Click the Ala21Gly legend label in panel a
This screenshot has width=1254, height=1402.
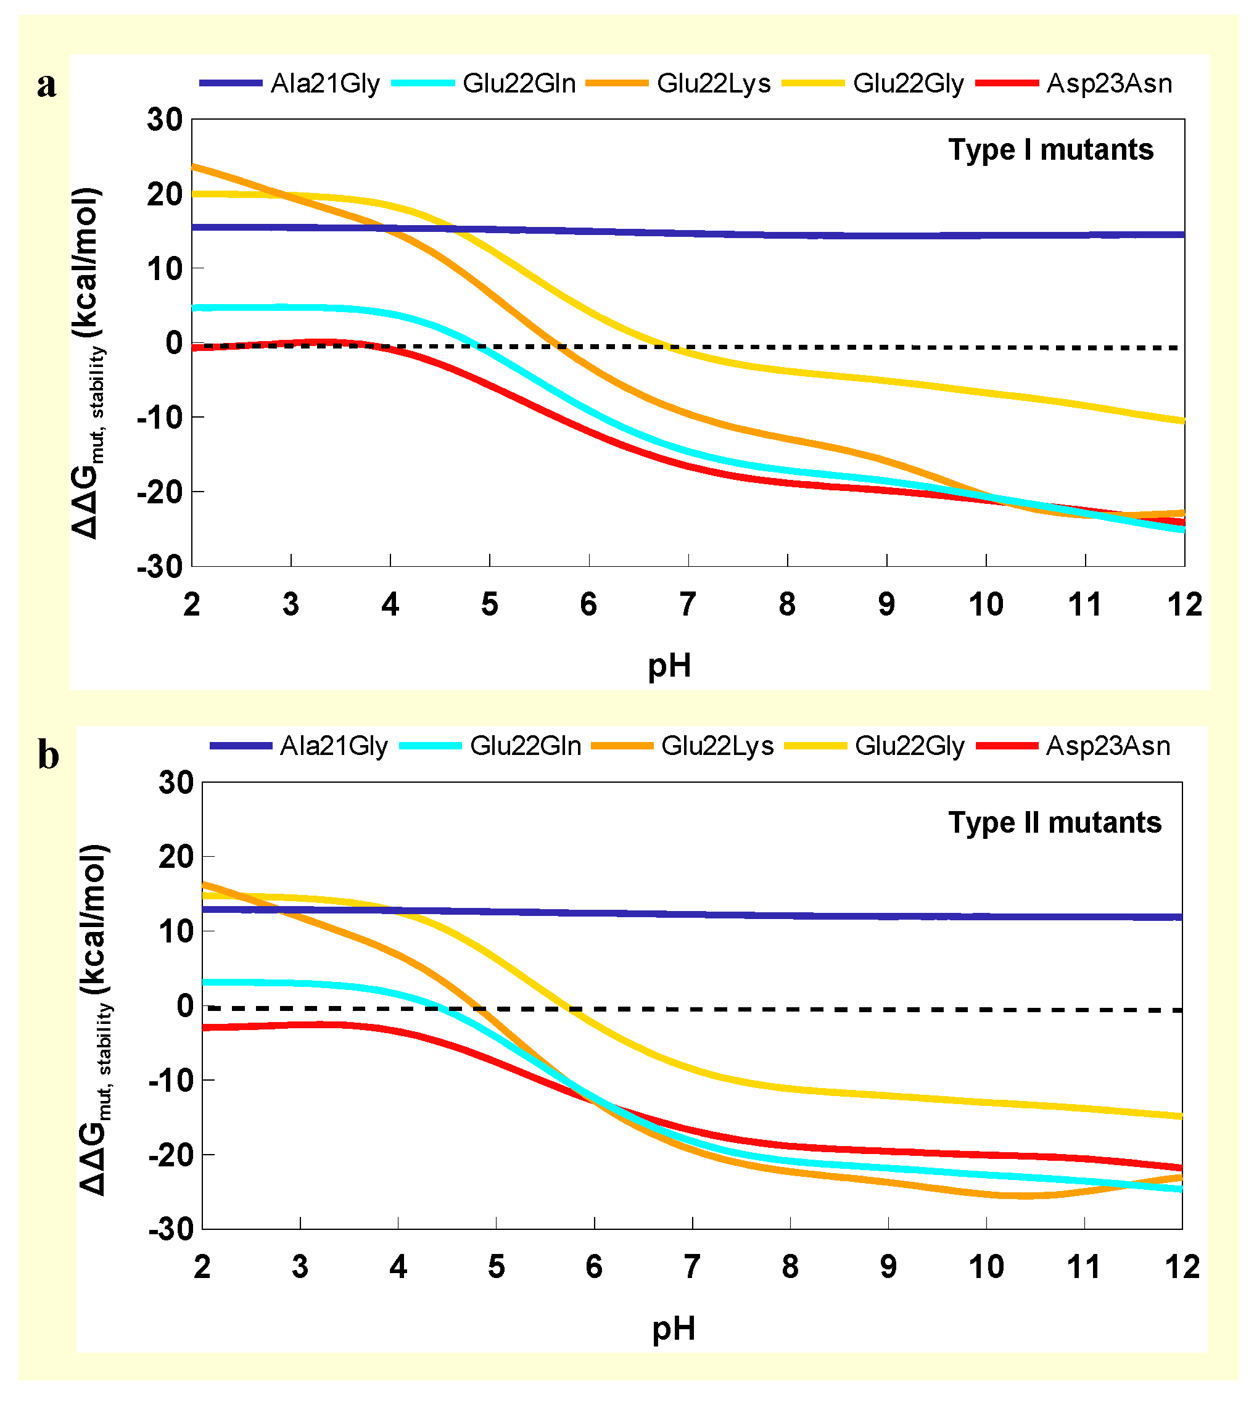tap(325, 84)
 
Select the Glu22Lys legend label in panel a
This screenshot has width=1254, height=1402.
tap(713, 84)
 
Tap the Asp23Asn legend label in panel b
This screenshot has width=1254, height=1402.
tap(1108, 746)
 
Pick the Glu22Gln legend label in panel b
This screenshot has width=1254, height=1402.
tap(525, 746)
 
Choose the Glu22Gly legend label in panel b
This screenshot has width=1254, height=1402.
tap(909, 746)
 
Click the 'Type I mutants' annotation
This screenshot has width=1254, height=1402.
tap(1050, 150)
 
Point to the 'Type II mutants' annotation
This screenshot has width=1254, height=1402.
tap(1055, 823)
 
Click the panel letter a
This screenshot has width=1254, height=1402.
tap(47, 86)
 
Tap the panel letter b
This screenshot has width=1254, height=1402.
tap(48, 755)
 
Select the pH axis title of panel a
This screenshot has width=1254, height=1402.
tap(669, 666)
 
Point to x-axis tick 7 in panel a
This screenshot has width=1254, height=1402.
tap(688, 605)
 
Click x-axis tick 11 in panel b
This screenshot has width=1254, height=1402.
tap(1084, 1267)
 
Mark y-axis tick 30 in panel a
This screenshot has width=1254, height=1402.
tap(164, 120)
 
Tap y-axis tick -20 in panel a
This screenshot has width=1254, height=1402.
tap(160, 492)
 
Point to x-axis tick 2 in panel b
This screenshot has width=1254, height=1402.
tap(202, 1267)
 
